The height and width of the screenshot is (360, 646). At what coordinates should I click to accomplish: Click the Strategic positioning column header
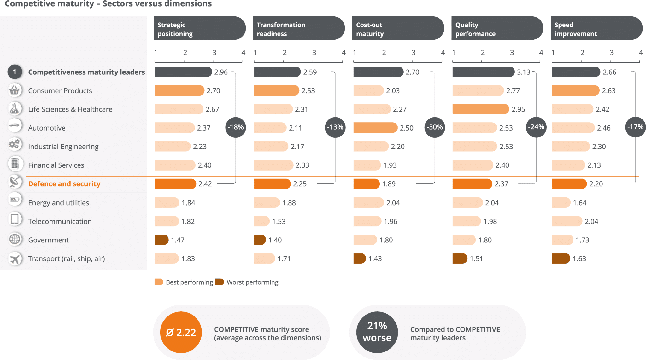(199, 28)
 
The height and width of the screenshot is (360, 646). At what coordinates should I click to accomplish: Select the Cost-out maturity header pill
(397, 28)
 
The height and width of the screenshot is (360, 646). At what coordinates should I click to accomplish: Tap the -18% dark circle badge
(236, 127)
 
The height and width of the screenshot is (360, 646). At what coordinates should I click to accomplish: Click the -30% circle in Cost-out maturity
(435, 127)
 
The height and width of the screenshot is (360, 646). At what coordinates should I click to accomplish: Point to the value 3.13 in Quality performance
(523, 72)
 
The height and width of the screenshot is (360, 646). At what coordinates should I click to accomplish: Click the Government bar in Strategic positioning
(161, 240)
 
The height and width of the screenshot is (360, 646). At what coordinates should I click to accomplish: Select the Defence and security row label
(64, 184)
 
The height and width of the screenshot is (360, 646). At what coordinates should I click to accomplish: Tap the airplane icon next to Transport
(15, 259)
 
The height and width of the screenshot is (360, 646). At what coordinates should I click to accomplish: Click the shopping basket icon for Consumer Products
(15, 90)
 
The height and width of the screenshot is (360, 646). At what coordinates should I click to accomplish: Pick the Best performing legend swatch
(159, 282)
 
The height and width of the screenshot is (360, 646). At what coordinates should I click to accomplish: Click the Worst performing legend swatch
(220, 282)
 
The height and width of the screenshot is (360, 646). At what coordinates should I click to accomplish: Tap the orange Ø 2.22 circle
(181, 332)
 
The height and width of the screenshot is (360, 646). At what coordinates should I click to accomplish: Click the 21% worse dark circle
(377, 332)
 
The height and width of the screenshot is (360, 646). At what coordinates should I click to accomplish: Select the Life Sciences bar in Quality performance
(480, 109)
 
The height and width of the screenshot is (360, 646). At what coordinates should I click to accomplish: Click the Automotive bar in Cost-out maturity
(375, 128)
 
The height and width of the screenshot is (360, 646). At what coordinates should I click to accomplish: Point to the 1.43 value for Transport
(375, 259)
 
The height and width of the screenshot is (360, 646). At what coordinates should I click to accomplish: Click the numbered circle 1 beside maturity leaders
(15, 72)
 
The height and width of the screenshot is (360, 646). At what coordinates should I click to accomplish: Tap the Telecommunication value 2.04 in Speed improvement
(591, 221)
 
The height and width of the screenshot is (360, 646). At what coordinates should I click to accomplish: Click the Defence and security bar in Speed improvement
(569, 184)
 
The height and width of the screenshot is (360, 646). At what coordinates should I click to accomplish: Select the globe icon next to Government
(15, 240)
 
